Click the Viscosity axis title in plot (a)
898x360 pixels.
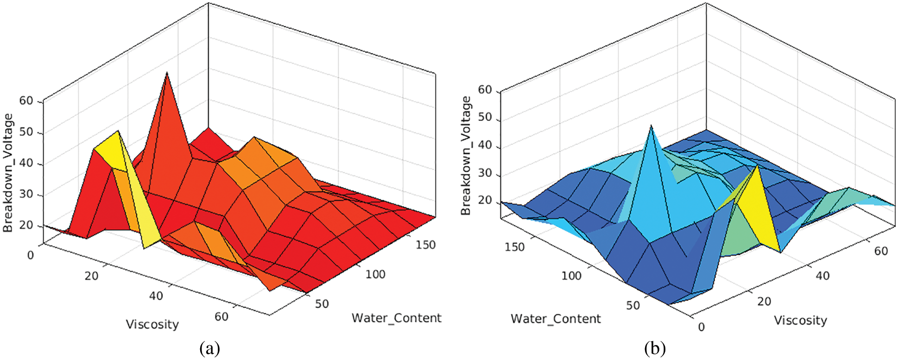click(x=152, y=324)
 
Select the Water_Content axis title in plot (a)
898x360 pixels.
click(x=396, y=318)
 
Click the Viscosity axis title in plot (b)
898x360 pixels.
click(x=800, y=320)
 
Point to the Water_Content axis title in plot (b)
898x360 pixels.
click(x=556, y=319)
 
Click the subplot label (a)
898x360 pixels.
click(x=209, y=348)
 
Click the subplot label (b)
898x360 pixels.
click(x=654, y=348)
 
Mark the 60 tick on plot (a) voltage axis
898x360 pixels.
click(x=26, y=101)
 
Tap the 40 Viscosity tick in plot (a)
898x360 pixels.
click(x=156, y=296)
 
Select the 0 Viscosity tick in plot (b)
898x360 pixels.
click(x=701, y=327)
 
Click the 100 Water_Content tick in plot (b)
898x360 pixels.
click(x=571, y=276)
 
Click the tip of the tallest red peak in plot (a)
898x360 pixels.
click(x=167, y=73)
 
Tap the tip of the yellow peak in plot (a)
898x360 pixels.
click(x=118, y=131)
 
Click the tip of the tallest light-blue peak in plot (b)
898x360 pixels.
click(x=651, y=126)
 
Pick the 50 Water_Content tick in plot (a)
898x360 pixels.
click(x=322, y=304)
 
